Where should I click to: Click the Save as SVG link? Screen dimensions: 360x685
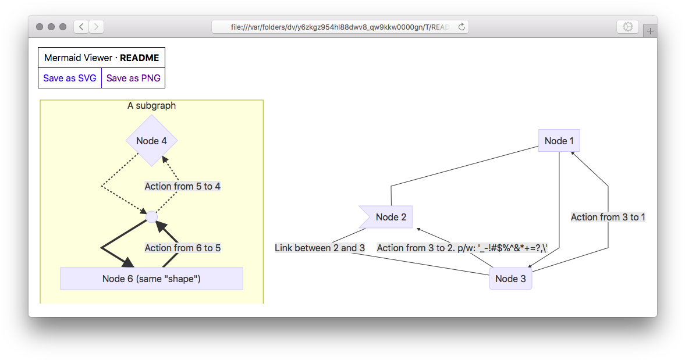(70, 79)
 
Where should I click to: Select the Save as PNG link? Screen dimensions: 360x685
(133, 79)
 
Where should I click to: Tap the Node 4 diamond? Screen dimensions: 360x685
(151, 141)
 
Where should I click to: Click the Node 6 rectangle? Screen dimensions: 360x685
(151, 279)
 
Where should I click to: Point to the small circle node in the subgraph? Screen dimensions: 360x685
(152, 217)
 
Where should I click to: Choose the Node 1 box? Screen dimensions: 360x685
(559, 141)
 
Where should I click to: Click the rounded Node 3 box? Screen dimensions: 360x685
(510, 279)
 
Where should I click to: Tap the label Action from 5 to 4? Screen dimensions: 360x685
(182, 186)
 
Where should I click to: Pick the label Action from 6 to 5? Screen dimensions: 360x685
(182, 248)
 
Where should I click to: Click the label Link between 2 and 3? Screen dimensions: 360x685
(320, 248)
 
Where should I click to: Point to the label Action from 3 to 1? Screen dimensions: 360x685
(608, 217)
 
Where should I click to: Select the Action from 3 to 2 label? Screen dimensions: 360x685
(462, 248)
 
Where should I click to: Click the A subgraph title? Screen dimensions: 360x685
(151, 105)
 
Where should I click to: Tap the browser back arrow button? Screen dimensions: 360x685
(81, 27)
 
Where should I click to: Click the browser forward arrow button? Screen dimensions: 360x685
(97, 27)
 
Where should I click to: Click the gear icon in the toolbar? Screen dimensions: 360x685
(627, 27)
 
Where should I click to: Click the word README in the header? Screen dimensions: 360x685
(139, 58)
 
